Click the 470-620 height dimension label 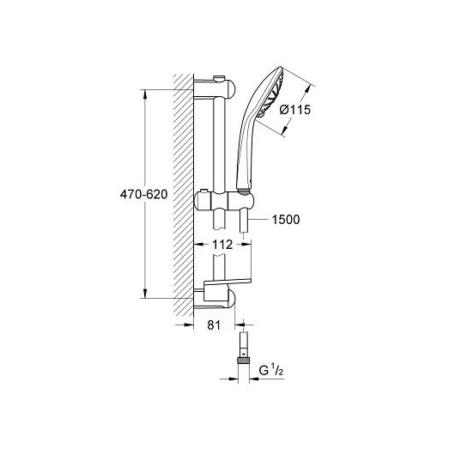click(x=144, y=194)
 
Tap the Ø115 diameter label click(x=294, y=110)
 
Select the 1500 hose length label click(x=286, y=220)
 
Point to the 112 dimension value click(x=222, y=245)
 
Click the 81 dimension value click(x=214, y=325)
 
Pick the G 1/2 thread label click(x=271, y=371)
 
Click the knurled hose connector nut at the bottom click(x=244, y=361)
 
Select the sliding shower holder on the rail click(x=224, y=200)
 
